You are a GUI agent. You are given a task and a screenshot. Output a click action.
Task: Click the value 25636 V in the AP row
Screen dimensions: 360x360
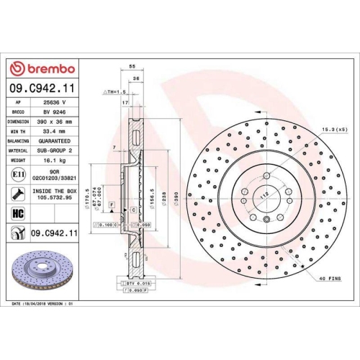(53, 103)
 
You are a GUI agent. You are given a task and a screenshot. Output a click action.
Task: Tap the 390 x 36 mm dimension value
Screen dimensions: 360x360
(53, 122)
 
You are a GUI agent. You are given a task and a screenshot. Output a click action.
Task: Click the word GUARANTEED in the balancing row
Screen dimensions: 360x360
(53, 142)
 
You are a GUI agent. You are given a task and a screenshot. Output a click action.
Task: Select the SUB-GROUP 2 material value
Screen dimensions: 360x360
(53, 151)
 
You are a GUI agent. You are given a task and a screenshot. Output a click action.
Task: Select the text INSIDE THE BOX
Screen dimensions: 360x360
(53, 190)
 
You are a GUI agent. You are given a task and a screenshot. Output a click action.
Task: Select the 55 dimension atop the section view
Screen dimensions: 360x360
(132, 66)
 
